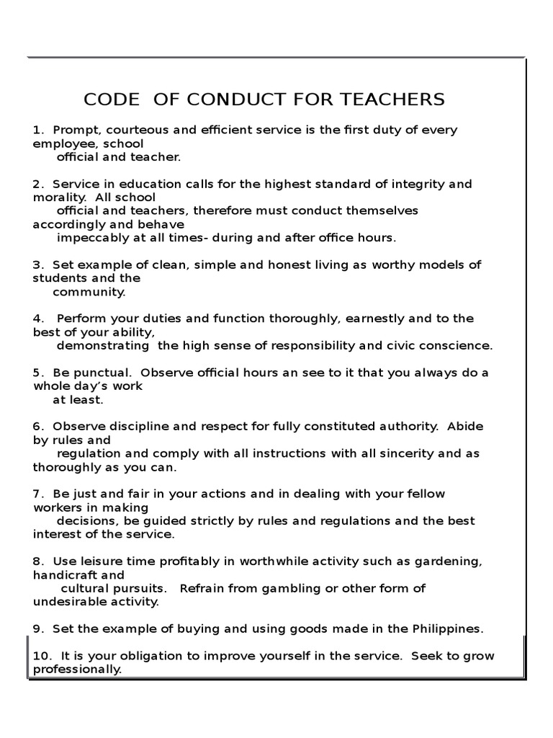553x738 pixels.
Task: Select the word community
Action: [89, 292]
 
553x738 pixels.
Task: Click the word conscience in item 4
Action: [453, 345]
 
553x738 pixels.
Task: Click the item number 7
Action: [38, 494]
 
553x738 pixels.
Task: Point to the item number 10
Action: [41, 656]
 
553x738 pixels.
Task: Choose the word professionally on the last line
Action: [77, 669]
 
